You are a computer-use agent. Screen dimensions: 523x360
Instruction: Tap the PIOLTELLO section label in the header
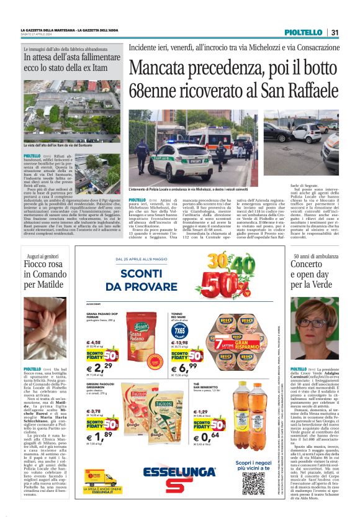304,32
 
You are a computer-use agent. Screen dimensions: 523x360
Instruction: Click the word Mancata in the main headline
163,66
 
